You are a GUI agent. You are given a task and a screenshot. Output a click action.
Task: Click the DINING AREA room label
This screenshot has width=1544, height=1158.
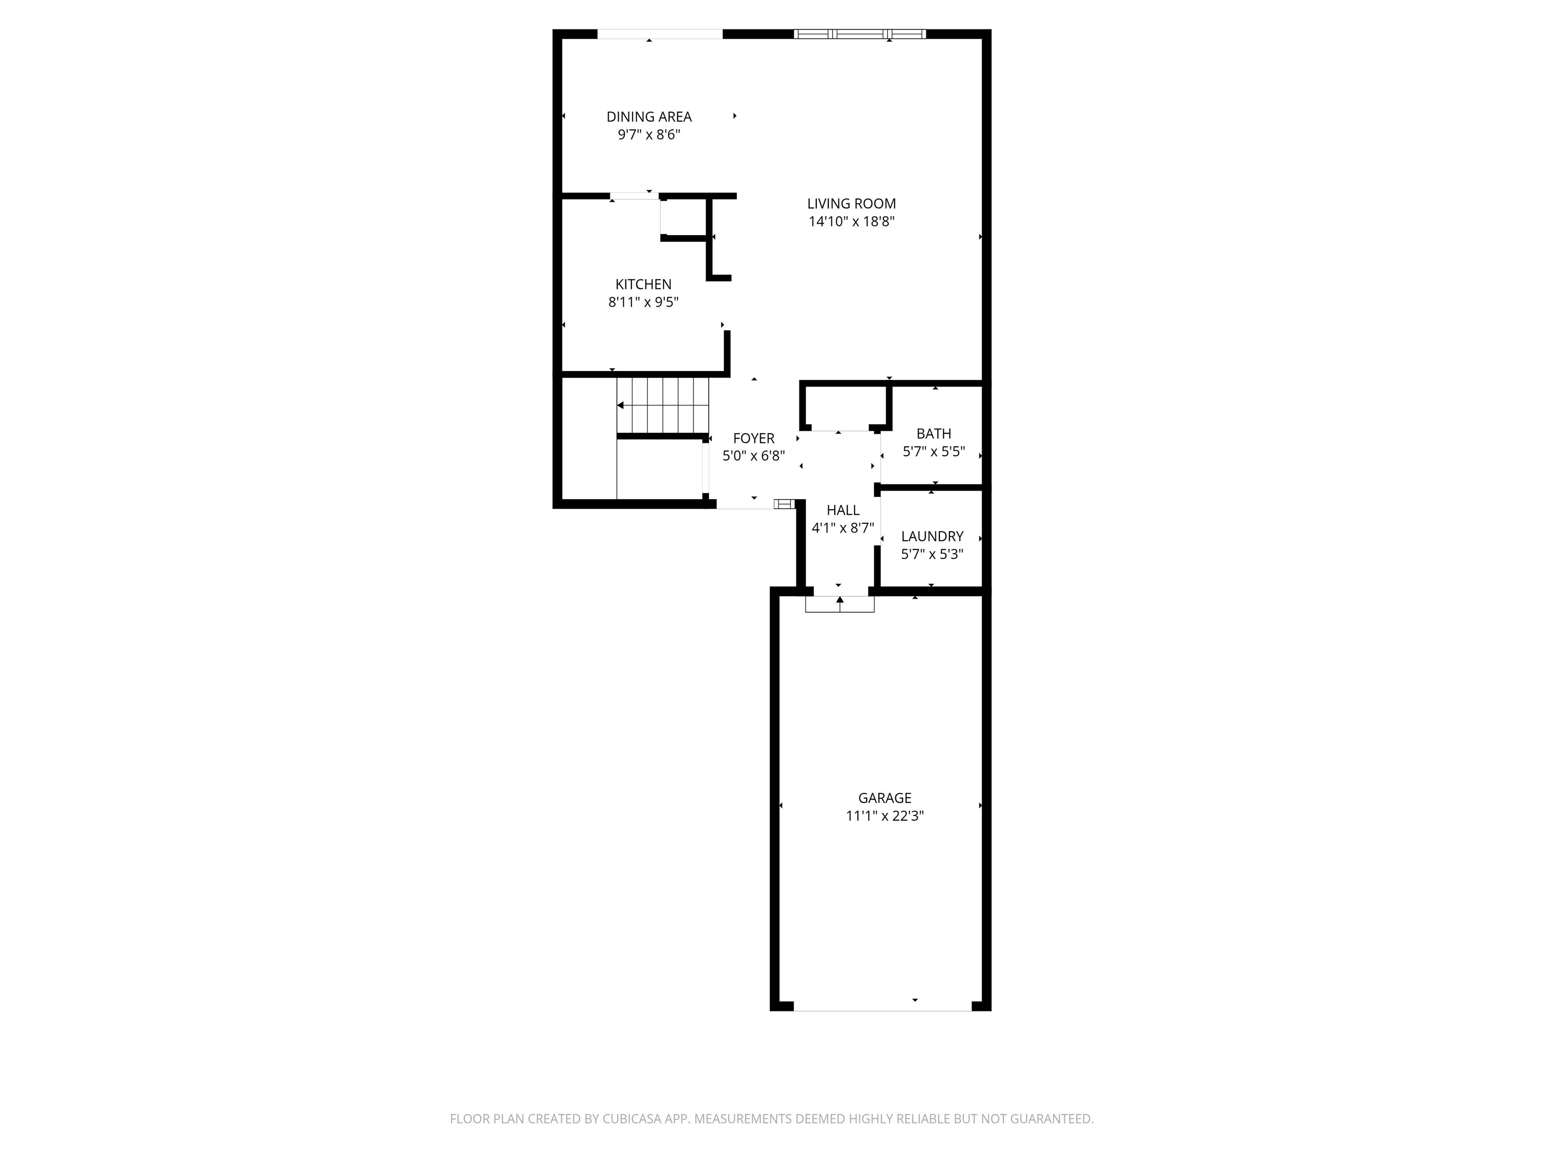(648, 117)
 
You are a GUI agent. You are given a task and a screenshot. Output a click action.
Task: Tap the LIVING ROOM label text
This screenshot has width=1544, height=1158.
(851, 204)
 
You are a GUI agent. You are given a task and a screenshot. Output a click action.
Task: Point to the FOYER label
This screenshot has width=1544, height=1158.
(753, 438)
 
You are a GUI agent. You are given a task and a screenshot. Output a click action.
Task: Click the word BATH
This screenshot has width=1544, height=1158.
(933, 433)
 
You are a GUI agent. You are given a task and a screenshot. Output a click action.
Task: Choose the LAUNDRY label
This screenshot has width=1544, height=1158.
(932, 536)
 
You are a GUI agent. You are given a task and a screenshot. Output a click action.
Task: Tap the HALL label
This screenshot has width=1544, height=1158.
(842, 510)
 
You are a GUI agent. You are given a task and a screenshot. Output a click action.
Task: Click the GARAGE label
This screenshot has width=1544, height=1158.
(885, 798)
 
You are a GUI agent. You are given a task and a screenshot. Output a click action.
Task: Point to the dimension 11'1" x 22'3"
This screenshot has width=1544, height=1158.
(885, 816)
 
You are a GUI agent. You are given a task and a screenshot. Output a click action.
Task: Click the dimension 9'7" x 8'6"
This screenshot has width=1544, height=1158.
(648, 135)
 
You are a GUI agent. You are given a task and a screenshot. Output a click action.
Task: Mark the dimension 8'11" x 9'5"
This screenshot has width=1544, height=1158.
(643, 302)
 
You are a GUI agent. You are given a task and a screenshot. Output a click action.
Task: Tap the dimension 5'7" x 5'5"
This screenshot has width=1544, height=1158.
(933, 452)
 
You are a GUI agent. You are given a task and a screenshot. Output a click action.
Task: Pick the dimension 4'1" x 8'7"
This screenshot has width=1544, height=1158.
(842, 528)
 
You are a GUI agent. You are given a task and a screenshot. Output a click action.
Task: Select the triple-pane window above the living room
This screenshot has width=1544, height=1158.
(860, 34)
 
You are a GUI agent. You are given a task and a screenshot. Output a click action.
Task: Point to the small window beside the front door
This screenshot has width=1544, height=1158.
(784, 504)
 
